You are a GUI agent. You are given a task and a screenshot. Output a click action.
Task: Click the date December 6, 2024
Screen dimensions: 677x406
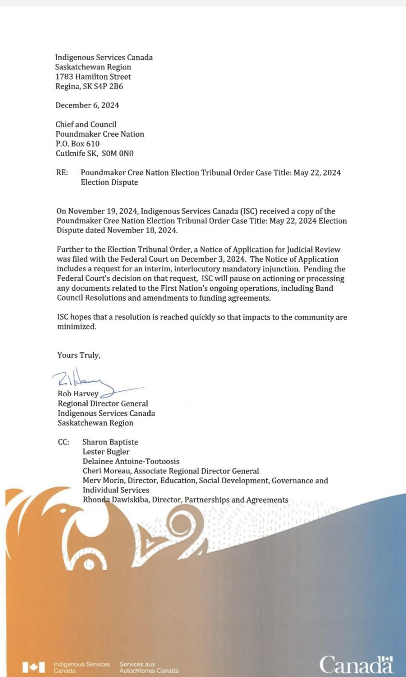[87, 105]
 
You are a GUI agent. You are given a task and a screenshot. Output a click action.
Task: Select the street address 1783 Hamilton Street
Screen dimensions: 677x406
[93, 77]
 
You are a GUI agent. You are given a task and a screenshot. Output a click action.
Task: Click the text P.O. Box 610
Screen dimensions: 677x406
[77, 144]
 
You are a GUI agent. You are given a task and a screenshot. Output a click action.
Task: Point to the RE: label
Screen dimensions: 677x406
[62, 173]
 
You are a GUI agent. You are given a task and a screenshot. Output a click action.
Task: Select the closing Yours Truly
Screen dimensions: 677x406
[79, 355]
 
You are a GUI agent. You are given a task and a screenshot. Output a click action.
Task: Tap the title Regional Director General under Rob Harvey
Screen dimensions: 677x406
[103, 403]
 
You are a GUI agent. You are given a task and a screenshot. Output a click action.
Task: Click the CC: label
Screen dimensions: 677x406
[64, 442]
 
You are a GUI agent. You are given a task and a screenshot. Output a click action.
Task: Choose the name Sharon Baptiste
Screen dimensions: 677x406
[110, 442]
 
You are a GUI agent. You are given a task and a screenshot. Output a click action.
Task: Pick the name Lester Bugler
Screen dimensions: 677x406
[106, 452]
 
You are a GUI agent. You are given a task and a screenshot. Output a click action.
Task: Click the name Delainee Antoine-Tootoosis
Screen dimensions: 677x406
[131, 461]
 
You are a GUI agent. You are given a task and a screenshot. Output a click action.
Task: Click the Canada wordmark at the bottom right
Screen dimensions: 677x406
[356, 664]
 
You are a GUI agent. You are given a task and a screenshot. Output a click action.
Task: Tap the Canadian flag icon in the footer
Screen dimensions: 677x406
[33, 667]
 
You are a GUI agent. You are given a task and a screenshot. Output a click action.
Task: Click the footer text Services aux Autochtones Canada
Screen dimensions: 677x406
[149, 667]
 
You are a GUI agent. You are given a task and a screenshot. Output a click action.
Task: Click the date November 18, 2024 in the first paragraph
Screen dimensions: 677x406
[142, 230]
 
